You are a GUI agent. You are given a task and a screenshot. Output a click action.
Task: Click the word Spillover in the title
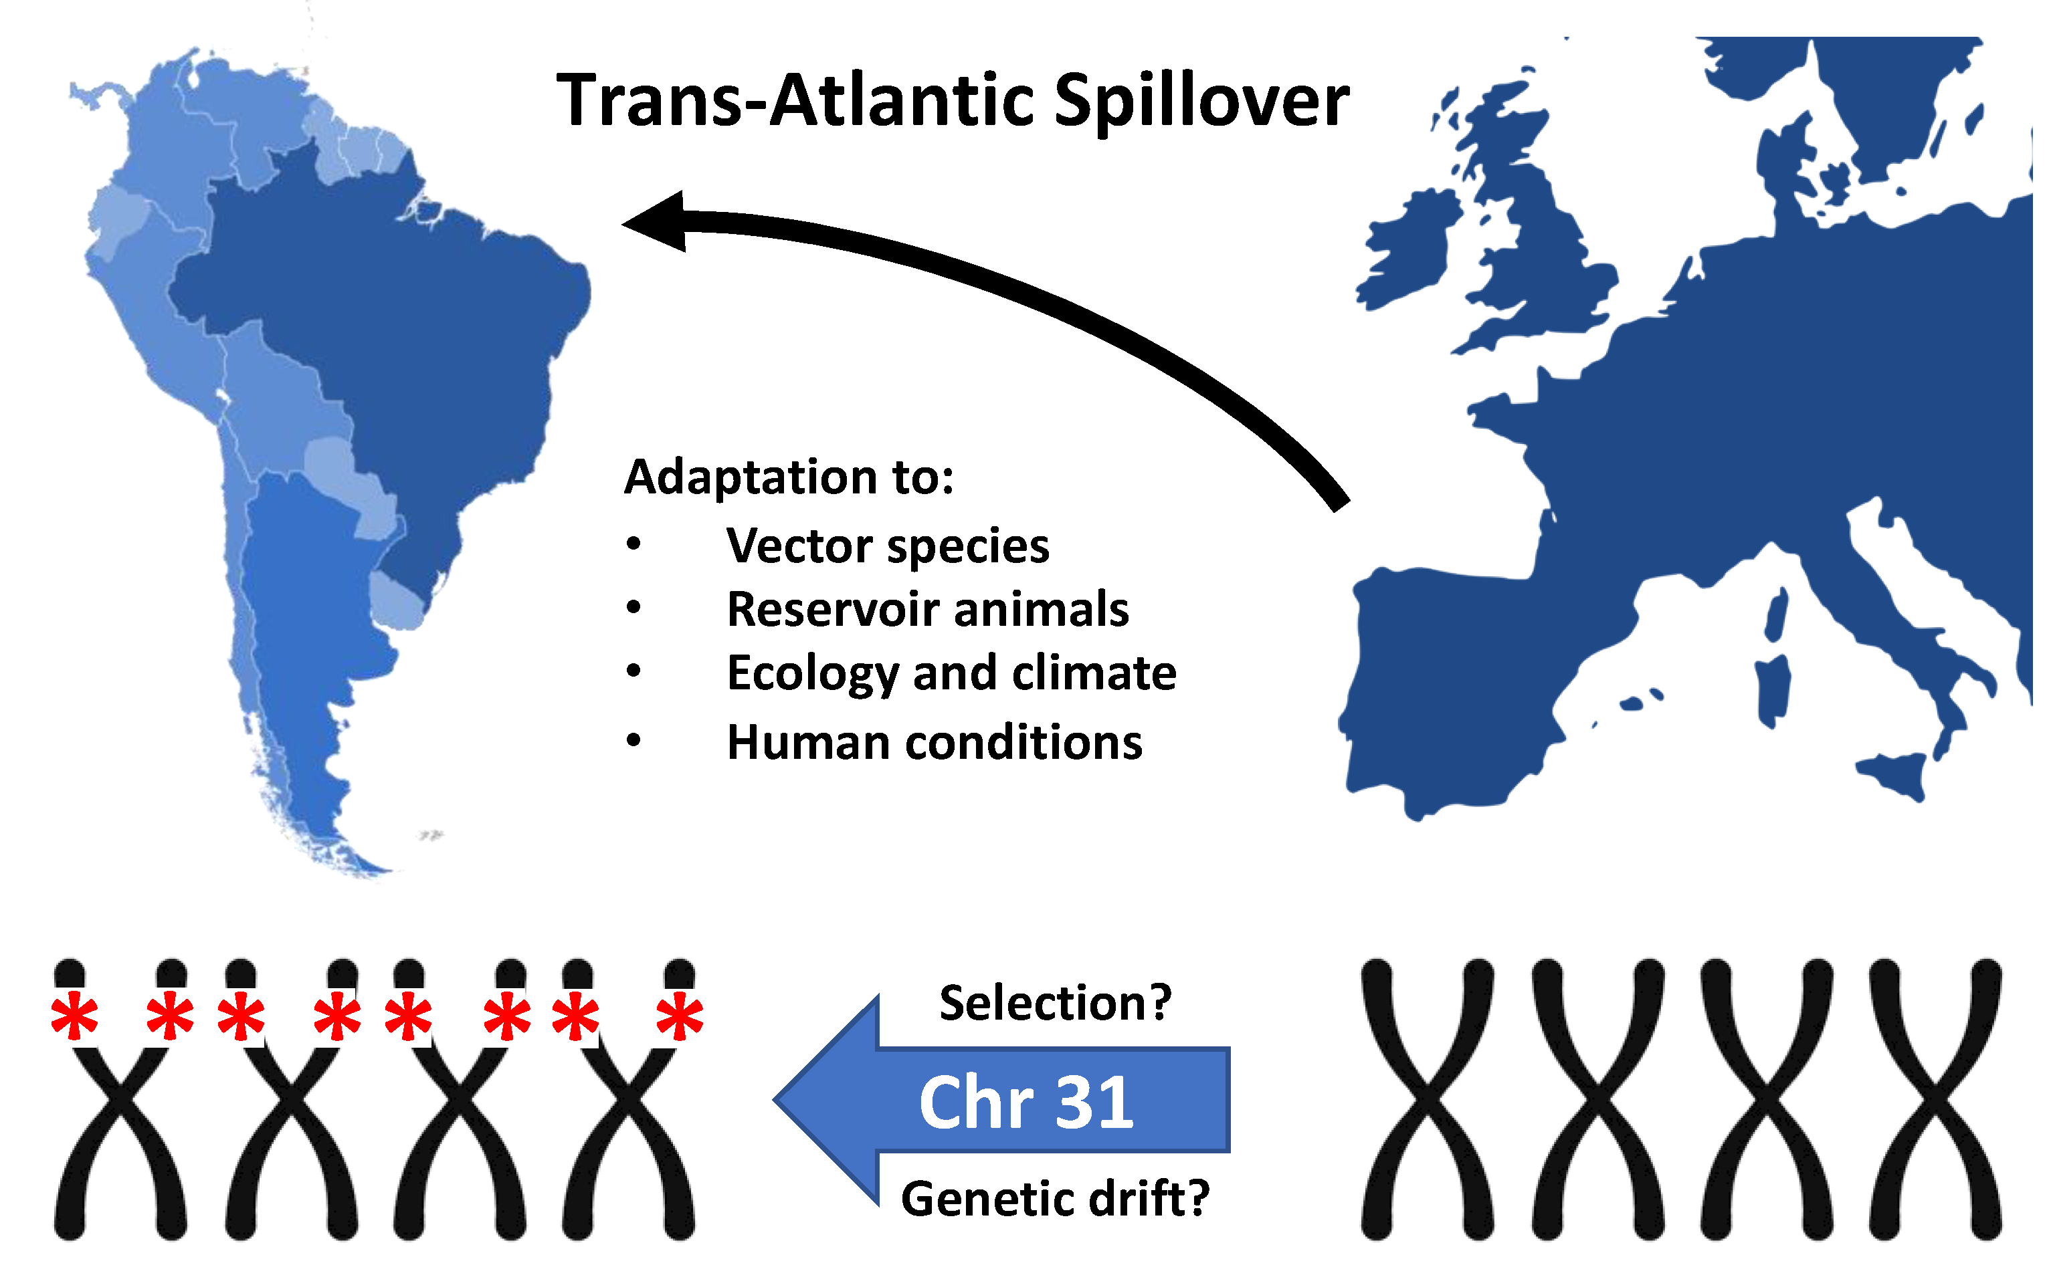click(1200, 101)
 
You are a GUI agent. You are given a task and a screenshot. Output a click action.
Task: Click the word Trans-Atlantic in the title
click(795, 101)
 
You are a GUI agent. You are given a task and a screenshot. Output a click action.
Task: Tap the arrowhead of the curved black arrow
click(657, 222)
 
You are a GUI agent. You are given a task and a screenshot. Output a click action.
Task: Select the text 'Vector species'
click(887, 546)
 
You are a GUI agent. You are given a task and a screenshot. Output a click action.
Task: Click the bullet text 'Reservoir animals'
click(927, 609)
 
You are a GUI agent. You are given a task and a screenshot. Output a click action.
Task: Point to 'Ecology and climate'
click(951, 673)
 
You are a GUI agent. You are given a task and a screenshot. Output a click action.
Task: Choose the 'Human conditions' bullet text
click(934, 742)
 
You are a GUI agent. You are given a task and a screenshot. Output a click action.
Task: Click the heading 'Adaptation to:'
click(788, 477)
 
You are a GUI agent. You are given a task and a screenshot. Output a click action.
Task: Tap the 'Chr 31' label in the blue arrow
click(1026, 1102)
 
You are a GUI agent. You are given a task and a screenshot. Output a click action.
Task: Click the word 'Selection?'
click(1055, 1002)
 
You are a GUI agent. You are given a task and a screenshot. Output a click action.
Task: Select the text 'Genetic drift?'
click(1054, 1198)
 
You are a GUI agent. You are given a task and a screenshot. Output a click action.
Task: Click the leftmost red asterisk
click(74, 1016)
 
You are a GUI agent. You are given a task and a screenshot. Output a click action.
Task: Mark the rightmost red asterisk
click(680, 1016)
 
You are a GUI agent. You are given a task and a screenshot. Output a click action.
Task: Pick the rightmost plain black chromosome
click(1935, 1100)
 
